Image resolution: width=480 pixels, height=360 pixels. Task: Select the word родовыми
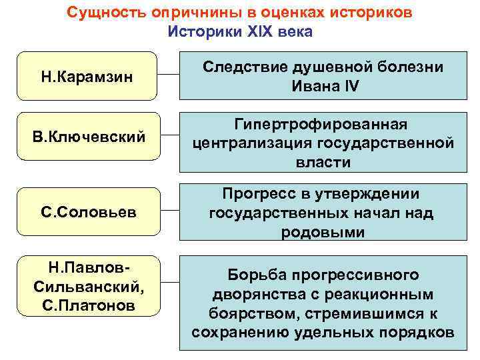click(x=322, y=231)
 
